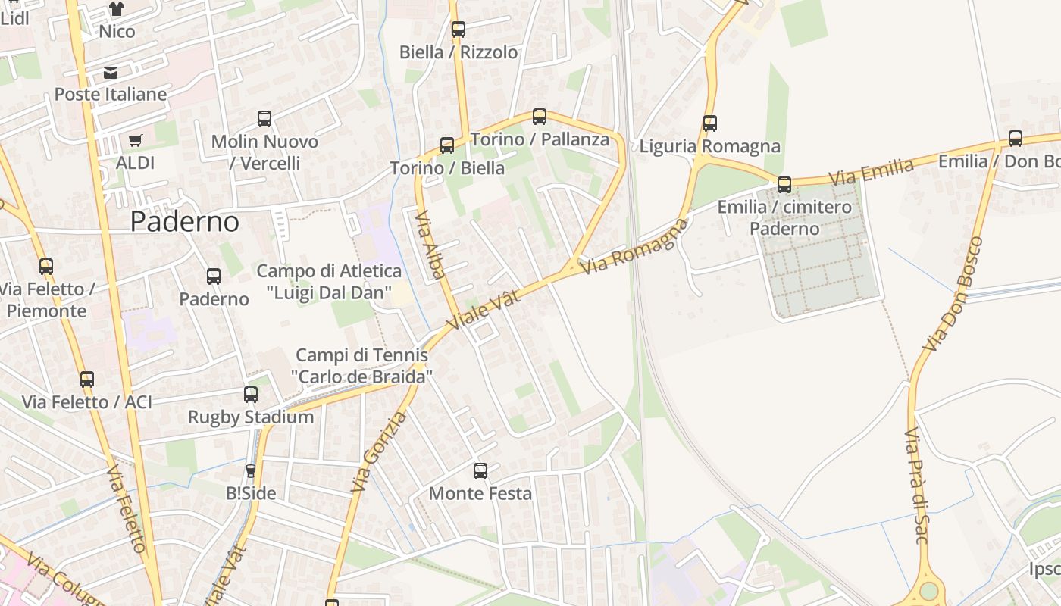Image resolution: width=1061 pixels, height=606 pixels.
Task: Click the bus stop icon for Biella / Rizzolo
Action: click(459, 30)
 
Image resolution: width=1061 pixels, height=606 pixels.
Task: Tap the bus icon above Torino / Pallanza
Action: click(540, 117)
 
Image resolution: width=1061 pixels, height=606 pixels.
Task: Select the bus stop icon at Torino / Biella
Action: click(447, 145)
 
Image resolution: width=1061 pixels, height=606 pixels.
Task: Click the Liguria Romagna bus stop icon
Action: click(710, 123)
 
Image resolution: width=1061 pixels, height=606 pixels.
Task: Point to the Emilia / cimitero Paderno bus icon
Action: click(784, 184)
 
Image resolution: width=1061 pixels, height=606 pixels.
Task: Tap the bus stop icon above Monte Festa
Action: click(480, 471)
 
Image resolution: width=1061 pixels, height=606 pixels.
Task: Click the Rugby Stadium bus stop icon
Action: click(251, 395)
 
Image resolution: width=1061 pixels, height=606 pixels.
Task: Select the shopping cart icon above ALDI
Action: click(136, 140)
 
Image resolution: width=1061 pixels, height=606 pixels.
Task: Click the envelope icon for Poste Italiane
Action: click(111, 73)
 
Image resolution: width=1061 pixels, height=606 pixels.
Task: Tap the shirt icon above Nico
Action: click(116, 9)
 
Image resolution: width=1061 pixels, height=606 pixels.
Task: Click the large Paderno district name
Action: click(185, 221)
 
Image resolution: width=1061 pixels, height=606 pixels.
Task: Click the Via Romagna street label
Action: click(635, 246)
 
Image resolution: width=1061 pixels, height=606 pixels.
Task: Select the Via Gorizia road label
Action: click(379, 451)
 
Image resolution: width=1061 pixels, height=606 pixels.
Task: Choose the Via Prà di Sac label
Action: click(916, 486)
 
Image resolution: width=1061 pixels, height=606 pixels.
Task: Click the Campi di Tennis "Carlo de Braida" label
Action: click(361, 365)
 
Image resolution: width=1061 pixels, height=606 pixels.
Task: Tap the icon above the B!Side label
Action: click(251, 471)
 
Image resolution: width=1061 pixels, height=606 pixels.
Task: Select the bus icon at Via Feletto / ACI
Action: click(87, 380)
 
